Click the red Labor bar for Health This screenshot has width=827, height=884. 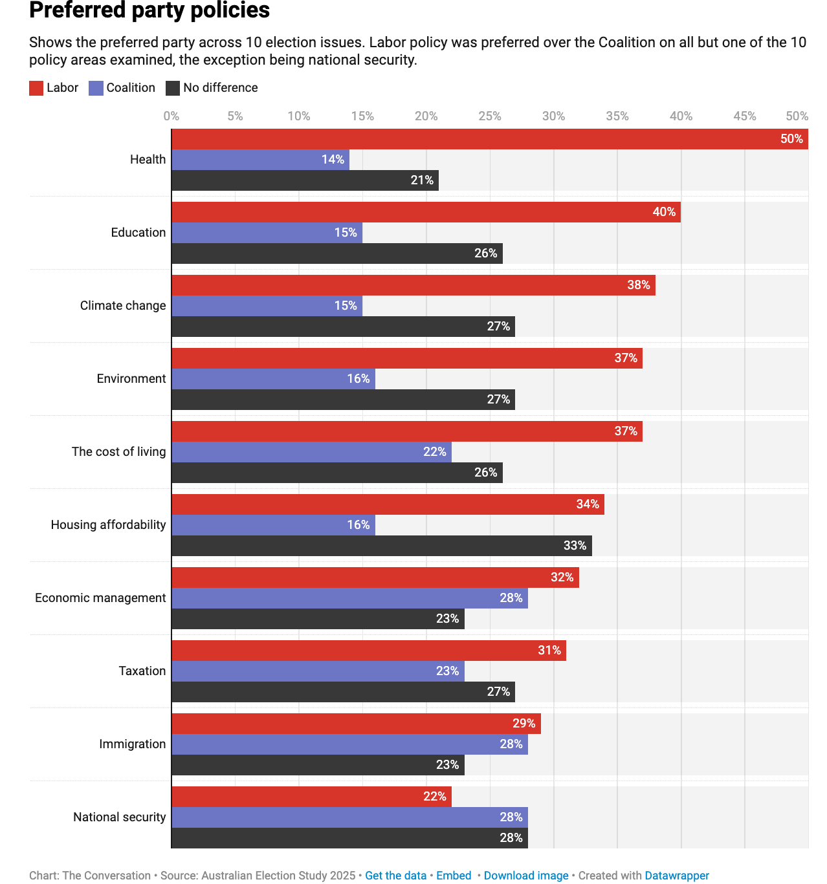point(489,139)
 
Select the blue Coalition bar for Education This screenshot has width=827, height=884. point(267,233)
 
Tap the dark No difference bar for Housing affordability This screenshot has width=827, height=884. point(381,546)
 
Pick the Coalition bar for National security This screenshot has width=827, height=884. point(349,817)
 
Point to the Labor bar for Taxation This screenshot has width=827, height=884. point(368,651)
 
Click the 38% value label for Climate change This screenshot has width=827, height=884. point(638,285)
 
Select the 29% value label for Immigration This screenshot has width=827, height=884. point(524,724)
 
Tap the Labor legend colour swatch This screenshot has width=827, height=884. point(36,88)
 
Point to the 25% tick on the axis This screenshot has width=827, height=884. point(489,116)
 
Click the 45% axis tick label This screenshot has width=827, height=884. point(744,116)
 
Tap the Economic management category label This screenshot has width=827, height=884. point(100,598)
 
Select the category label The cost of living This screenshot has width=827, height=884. point(118,452)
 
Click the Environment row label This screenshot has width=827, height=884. point(131,379)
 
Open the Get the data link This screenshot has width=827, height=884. point(395,876)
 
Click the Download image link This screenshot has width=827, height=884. point(525,876)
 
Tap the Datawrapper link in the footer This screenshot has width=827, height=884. point(677,876)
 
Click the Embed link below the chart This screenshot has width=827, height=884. point(454,876)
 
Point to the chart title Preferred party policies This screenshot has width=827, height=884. point(149,11)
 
